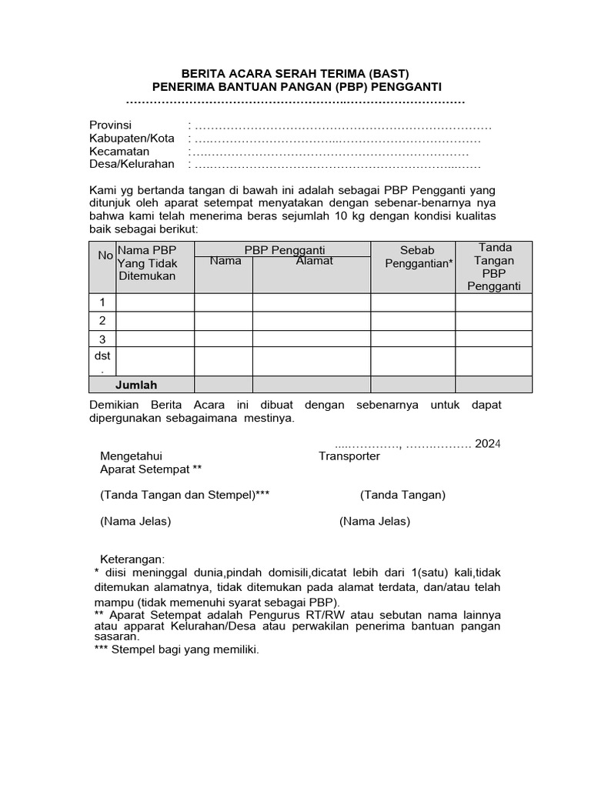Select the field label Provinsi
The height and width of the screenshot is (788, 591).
[x=111, y=125]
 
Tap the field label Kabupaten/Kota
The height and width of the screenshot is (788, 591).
[x=132, y=139]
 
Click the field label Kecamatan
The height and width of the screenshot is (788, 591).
[x=119, y=152]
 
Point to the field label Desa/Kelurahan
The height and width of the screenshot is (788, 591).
[x=132, y=164]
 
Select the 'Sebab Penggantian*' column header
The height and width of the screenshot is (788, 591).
[x=418, y=257]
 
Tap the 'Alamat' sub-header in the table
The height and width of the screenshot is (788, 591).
[x=315, y=261]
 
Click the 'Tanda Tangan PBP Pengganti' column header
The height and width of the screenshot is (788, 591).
[x=494, y=266]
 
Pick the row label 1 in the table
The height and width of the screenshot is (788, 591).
[x=102, y=302]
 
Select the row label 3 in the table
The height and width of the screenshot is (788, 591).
[x=102, y=339]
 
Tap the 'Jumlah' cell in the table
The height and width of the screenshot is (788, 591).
[x=136, y=385]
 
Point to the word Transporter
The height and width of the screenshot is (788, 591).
[x=349, y=456]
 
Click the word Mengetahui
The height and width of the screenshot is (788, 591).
[x=131, y=456]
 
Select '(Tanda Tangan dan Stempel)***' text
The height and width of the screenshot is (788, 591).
[x=185, y=495]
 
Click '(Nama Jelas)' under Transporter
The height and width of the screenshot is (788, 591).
[x=375, y=521]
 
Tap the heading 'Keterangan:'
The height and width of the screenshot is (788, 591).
[x=132, y=558]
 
